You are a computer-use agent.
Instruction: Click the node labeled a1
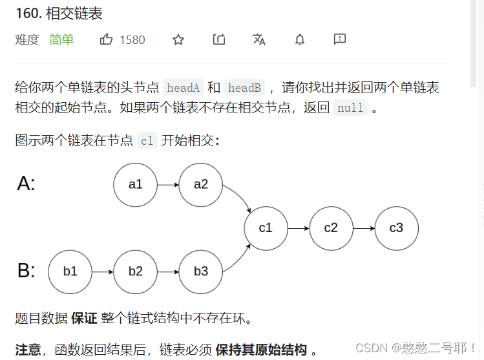tap(135, 185)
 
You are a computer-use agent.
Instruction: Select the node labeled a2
tap(201, 185)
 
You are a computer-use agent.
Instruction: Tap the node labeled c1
tap(266, 228)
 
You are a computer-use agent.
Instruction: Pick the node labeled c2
tap(331, 228)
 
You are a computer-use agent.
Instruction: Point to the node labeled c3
tap(396, 228)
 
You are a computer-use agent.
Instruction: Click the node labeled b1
tap(70, 271)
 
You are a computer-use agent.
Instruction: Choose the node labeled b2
tap(135, 271)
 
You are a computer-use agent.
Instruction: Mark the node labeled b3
tap(201, 271)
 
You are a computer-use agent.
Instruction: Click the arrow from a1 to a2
tap(168, 185)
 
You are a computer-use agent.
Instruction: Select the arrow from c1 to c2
tap(298, 228)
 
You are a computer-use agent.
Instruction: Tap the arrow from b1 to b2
tap(103, 271)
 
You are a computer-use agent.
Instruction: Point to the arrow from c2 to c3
tap(363, 228)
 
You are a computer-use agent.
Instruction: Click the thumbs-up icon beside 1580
tap(107, 40)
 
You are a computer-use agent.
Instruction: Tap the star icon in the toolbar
tap(178, 40)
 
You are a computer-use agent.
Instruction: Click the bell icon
tap(300, 40)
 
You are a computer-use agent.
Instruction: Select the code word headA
tap(184, 87)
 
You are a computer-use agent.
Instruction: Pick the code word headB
tap(244, 87)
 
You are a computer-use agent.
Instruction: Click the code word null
tap(351, 108)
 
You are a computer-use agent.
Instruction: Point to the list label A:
tap(26, 184)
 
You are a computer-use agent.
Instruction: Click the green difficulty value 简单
tap(61, 40)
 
